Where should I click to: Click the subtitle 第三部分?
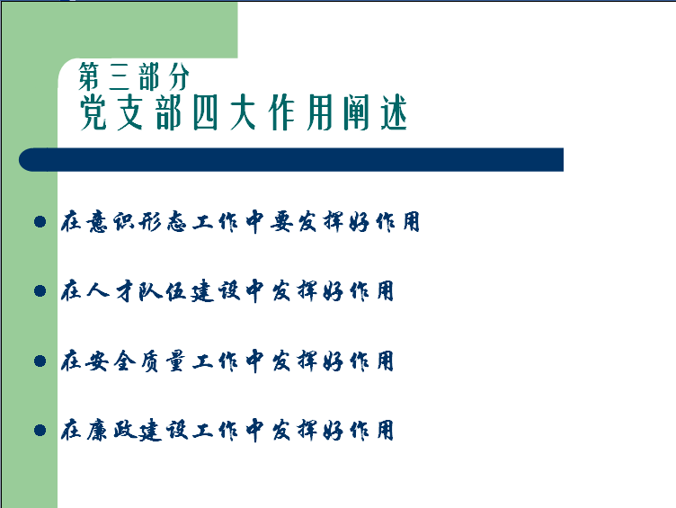coord(134,76)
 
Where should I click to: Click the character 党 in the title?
coord(93,112)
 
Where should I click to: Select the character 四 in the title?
coord(205,112)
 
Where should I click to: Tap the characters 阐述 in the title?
coord(375,112)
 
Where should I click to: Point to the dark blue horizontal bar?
coord(291,159)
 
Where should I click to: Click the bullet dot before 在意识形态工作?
coord(40,222)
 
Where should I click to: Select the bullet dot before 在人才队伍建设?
coord(40,290)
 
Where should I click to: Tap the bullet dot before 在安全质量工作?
coord(40,361)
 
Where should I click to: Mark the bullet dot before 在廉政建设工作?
coord(40,430)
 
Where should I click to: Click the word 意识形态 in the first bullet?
coord(137,222)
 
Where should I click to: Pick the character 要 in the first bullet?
coord(281,222)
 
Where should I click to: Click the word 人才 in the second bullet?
coord(111,290)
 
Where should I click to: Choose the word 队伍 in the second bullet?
coord(164,290)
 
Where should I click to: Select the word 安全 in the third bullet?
coord(111,361)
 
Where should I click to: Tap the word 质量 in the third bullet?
coord(164,361)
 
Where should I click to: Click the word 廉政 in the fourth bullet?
coord(111,430)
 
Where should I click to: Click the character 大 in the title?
coord(243,112)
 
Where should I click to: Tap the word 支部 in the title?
coord(149,112)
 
